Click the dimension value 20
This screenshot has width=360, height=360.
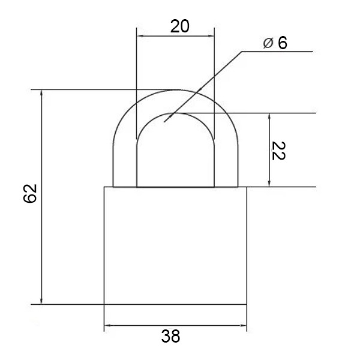[180, 26]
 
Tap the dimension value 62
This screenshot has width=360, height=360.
[30, 193]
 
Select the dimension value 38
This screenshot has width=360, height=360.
[170, 336]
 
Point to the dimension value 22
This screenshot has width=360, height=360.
[278, 151]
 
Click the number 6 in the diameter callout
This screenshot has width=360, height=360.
[283, 43]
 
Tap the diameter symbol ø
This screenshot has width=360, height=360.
[268, 43]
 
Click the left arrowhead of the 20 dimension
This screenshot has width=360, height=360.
[140, 36]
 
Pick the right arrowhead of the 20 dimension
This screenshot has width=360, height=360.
[211, 36]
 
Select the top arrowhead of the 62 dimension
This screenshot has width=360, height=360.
[41, 93]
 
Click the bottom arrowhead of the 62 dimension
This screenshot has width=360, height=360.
[41, 301]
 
